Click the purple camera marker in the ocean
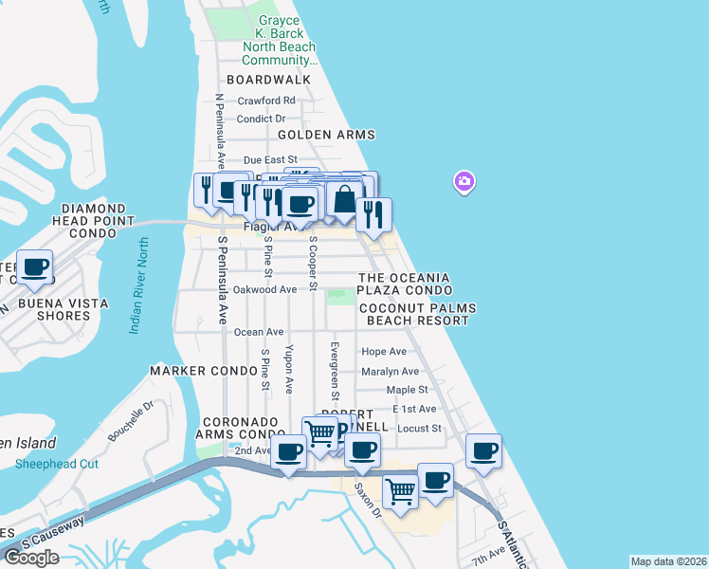pos(464,181)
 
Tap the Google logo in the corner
pos(30,558)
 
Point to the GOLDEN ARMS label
pos(326,136)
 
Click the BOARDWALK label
pos(268,81)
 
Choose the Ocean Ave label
pos(259,332)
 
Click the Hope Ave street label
pos(384,352)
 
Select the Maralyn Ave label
pos(390,372)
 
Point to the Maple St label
pos(408,390)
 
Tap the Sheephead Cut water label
pos(57,464)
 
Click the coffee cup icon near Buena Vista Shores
pos(35,268)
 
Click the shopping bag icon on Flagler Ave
pos(344,200)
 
